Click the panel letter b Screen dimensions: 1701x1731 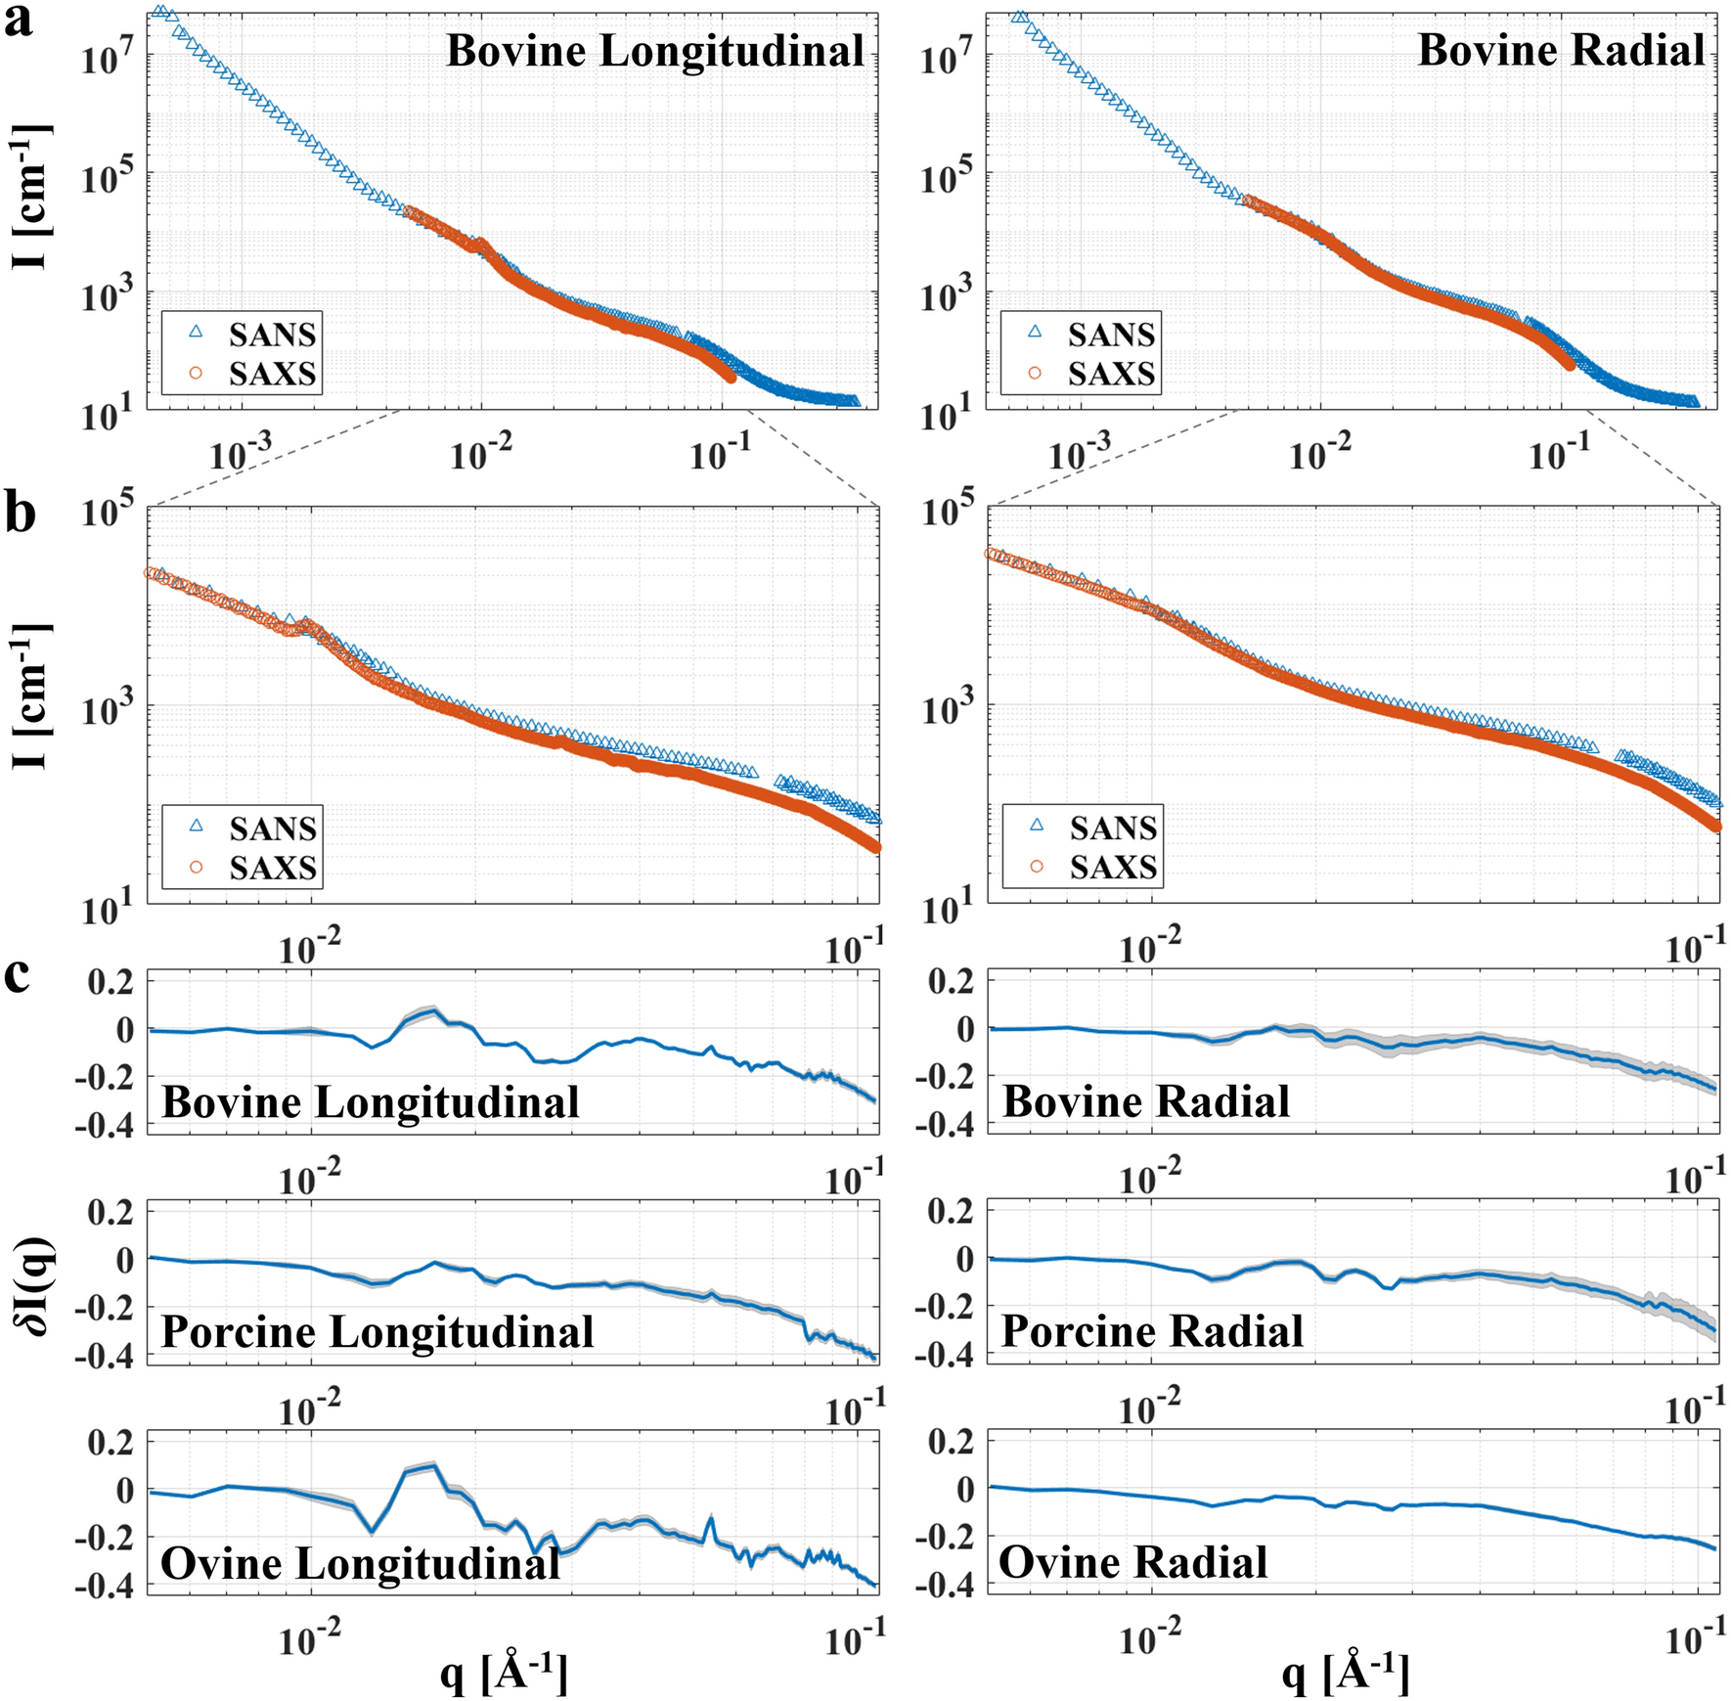pyautogui.click(x=20, y=514)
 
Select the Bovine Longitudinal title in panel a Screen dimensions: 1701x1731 pyautogui.click(x=654, y=51)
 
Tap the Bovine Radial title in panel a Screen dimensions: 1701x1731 pyautogui.click(x=1561, y=50)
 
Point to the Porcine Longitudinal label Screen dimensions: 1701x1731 pyautogui.click(x=377, y=1331)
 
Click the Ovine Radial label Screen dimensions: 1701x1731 pyautogui.click(x=1132, y=1562)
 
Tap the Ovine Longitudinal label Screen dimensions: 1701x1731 pyautogui.click(x=360, y=1563)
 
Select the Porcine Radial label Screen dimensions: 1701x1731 pyautogui.click(x=1152, y=1331)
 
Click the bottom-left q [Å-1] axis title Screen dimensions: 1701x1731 pyautogui.click(x=504, y=1672)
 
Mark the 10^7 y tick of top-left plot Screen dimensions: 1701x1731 pyautogui.click(x=107, y=58)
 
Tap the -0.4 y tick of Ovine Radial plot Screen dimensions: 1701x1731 pyautogui.click(x=944, y=1586)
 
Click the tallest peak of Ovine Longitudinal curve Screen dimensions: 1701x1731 pyautogui.click(x=433, y=1465)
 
